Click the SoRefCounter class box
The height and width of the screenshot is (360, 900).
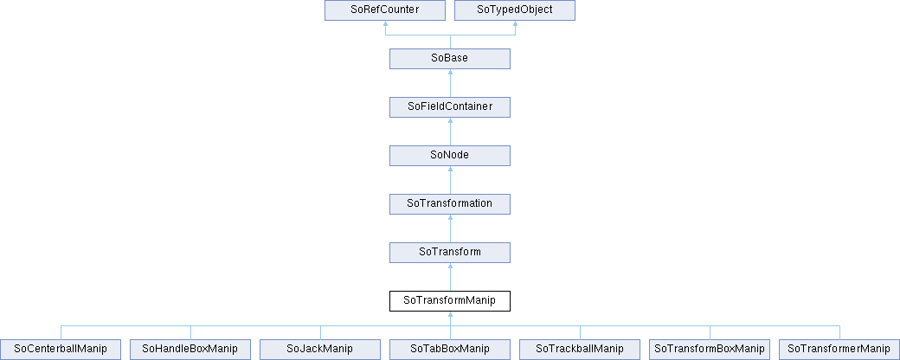(x=385, y=10)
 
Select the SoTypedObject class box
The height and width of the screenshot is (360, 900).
(x=515, y=10)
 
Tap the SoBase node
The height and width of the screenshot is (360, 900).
(x=450, y=59)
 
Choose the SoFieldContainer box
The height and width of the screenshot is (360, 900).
(x=450, y=106)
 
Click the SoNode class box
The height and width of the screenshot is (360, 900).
(x=450, y=155)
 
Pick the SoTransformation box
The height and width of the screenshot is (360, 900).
(x=450, y=204)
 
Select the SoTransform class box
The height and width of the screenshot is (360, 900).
(x=450, y=252)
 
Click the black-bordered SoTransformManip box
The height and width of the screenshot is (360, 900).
(x=450, y=300)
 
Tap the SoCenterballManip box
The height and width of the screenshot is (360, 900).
(x=61, y=349)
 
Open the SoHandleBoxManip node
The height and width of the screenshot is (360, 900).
(x=190, y=349)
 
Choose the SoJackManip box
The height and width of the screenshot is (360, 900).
(x=320, y=349)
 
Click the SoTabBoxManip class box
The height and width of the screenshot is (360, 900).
(x=450, y=349)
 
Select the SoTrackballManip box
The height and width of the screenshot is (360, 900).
(x=580, y=349)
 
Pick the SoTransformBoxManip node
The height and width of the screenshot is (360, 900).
(x=710, y=349)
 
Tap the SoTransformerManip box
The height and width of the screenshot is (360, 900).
(x=839, y=349)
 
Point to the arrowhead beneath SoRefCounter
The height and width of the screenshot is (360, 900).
(x=385, y=24)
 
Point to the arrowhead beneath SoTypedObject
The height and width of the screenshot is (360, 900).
(x=515, y=24)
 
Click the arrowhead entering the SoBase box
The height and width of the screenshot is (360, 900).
(x=450, y=73)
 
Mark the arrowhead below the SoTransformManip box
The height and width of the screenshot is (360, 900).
(x=450, y=315)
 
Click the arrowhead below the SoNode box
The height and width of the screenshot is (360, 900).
(x=450, y=170)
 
